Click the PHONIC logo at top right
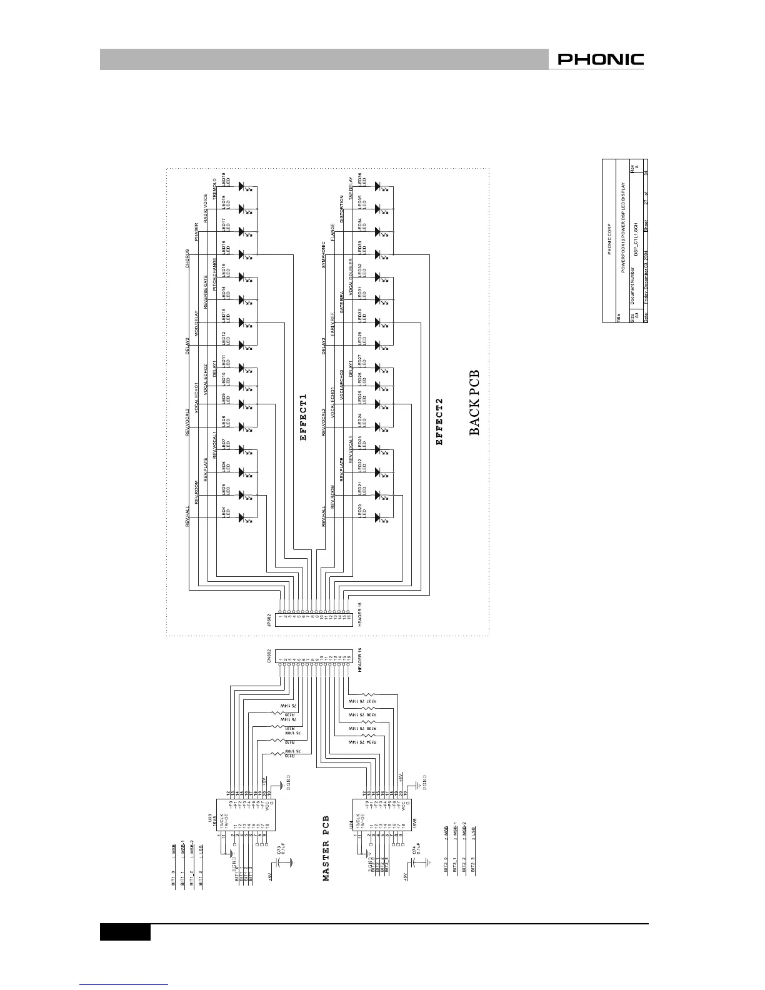pyautogui.click(x=600, y=60)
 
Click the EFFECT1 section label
pyautogui.click(x=304, y=417)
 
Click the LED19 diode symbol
pyautogui.click(x=245, y=186)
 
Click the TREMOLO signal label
pyautogui.click(x=215, y=189)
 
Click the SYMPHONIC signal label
pyautogui.click(x=324, y=255)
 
